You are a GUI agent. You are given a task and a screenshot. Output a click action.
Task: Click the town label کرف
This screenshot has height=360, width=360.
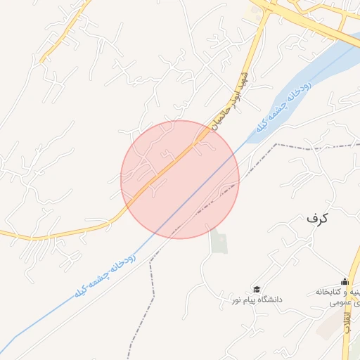point(317,218)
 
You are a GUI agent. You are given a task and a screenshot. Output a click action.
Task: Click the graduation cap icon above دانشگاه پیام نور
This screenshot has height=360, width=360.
point(257,290)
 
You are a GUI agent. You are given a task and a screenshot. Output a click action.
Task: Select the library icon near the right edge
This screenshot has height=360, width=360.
point(344,281)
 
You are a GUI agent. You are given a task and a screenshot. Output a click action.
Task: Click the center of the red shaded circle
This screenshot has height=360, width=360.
point(180,179)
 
